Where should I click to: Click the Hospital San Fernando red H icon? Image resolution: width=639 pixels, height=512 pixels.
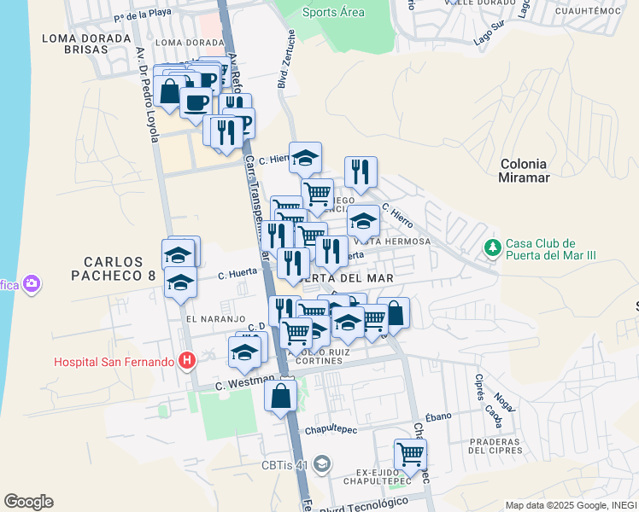(186, 362)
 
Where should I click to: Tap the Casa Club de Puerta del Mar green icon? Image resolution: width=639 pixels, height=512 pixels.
(492, 248)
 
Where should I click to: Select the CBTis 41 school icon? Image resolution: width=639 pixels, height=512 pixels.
(321, 465)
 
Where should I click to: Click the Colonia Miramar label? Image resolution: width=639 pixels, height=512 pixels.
(524, 171)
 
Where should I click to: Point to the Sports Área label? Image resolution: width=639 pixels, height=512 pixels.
(333, 12)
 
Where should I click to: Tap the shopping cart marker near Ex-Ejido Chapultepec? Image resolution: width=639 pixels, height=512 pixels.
(410, 453)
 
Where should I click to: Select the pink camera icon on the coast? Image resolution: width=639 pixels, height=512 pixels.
(32, 283)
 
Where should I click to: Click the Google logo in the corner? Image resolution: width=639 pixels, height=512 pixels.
(28, 502)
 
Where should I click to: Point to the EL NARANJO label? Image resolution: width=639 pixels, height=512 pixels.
(203, 319)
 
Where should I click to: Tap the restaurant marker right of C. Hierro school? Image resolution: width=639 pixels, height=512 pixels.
(361, 172)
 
